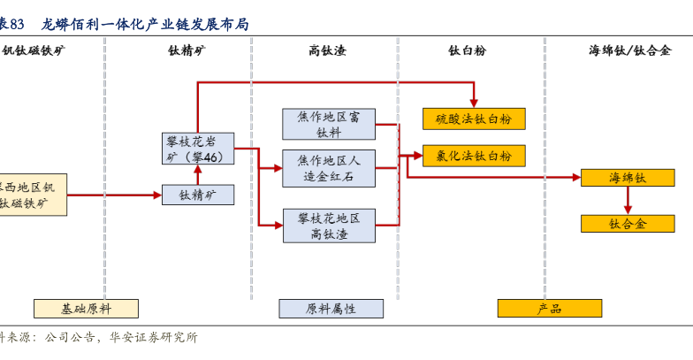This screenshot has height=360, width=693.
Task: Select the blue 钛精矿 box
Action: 198,195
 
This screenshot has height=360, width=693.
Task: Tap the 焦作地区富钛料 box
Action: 329,124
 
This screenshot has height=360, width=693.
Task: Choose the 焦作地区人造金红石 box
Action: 329,168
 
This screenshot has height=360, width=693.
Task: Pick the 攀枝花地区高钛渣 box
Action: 329,226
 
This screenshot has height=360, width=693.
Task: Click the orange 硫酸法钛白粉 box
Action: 474,119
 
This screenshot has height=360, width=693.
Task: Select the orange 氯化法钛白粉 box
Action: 474,156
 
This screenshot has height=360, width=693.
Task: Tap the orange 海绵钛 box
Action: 628,178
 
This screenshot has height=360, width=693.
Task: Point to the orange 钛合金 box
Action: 628,224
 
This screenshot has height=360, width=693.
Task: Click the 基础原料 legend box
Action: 87,309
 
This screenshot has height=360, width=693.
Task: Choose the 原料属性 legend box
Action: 331,309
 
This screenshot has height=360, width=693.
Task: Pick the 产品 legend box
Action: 549,309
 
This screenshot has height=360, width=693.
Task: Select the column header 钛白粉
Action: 468,50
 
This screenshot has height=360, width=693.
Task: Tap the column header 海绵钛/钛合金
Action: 629,50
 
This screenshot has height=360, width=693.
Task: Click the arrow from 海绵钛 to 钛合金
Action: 628,201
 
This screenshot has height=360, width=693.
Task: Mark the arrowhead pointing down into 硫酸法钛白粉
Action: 474,103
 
